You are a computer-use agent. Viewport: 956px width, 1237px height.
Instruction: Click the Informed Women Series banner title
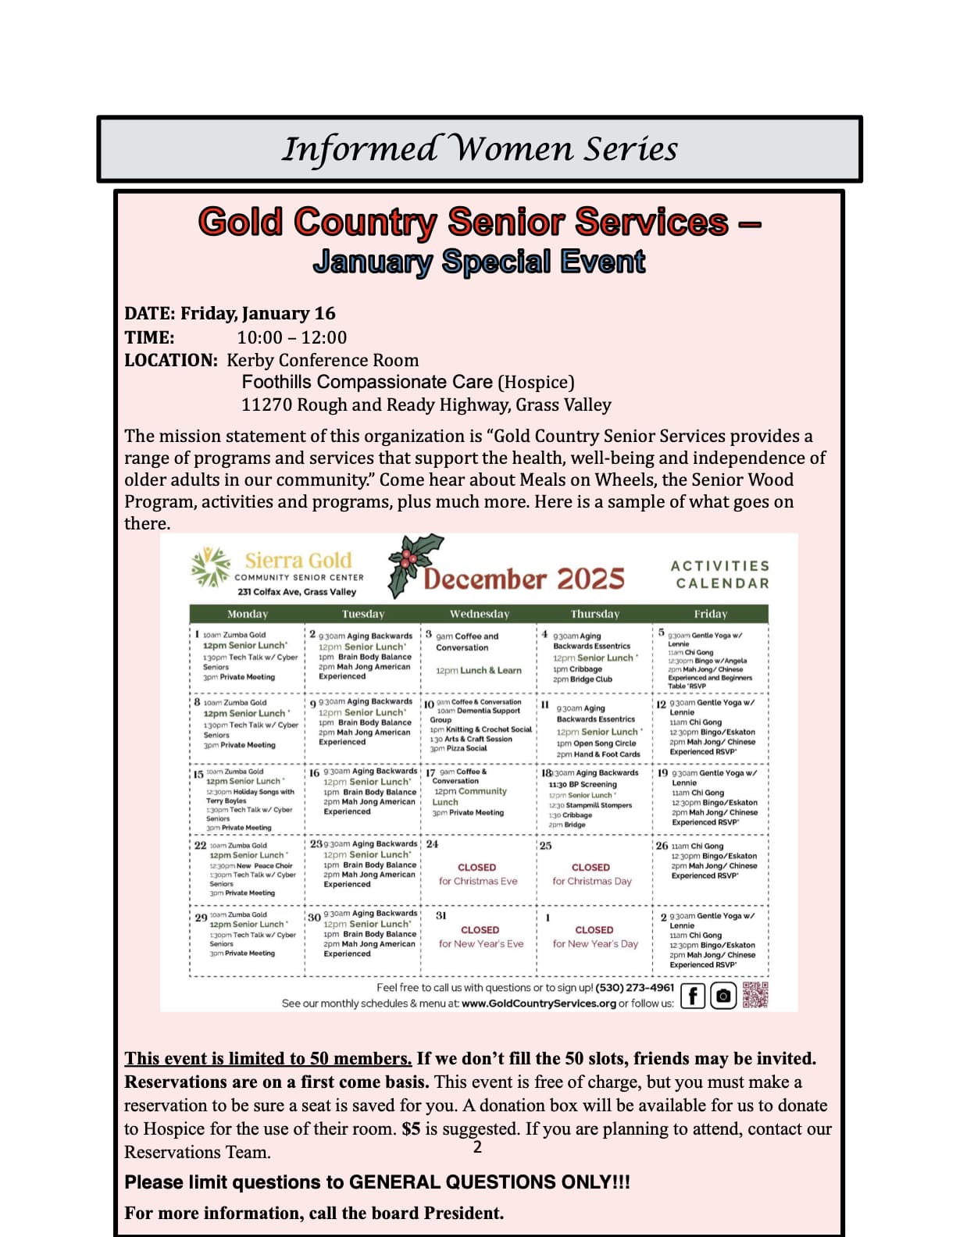480,148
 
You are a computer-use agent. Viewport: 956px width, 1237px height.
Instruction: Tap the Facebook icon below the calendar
693,996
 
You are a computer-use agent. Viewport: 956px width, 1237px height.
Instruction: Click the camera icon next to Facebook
724,996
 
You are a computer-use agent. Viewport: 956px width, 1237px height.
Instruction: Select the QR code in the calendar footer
755,995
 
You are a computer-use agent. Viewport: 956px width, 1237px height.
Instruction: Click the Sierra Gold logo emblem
212,567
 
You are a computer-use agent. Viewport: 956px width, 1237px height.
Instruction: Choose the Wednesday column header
479,614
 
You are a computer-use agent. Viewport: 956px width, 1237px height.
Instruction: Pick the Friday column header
710,614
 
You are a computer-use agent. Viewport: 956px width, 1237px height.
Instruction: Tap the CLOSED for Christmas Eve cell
478,874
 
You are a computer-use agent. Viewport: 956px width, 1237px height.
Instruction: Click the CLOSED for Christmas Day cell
591,874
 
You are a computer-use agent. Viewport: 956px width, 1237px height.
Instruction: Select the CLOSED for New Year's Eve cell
480,936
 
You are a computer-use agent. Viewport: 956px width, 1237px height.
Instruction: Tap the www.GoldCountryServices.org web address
539,1004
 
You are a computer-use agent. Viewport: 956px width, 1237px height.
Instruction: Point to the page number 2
477,1147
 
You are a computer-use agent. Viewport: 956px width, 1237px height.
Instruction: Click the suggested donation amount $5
412,1128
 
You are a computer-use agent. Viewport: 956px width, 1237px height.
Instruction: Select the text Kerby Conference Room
323,360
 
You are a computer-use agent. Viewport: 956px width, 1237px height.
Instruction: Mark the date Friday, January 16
258,313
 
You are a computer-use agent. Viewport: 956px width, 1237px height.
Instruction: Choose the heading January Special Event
479,262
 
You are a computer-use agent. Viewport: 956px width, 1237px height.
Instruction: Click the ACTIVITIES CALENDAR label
719,574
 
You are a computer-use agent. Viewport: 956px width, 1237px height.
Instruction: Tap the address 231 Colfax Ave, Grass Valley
297,592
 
